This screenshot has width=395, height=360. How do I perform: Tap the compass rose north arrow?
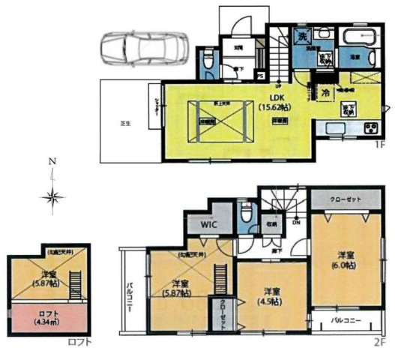coord(52,197)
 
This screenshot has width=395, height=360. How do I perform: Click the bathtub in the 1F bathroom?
coord(352,35)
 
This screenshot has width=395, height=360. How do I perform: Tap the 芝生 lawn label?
coord(127,124)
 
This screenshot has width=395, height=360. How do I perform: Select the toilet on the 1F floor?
coord(208,61)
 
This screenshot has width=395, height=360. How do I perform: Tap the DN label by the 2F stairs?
coord(297,223)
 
